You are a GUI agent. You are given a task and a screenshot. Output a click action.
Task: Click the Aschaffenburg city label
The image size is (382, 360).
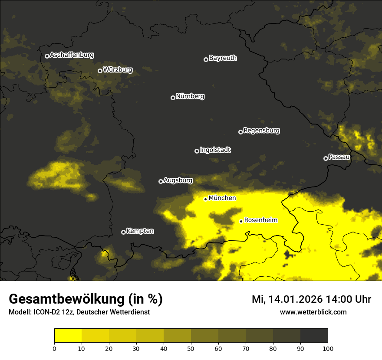point(72,55)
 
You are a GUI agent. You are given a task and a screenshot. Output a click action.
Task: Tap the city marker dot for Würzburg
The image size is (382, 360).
point(100,71)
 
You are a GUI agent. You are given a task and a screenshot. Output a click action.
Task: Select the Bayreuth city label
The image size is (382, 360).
point(223,58)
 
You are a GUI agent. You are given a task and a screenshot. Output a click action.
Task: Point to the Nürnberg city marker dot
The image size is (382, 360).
point(173,98)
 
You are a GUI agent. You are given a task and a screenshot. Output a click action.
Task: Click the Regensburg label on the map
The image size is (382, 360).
point(261,131)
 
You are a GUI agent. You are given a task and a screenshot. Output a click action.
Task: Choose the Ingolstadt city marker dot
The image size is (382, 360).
point(197,151)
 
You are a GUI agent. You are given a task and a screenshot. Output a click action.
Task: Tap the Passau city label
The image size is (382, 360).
point(339,157)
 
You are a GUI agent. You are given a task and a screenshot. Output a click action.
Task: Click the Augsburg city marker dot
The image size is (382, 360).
point(161,181)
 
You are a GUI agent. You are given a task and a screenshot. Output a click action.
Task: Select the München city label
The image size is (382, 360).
point(222,198)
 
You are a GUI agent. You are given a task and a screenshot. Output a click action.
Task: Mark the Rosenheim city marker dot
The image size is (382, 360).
point(241,221)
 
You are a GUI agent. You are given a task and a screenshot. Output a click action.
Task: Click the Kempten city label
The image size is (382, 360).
point(140,231)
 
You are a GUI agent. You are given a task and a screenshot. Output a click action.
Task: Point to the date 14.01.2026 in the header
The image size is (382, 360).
point(295,299)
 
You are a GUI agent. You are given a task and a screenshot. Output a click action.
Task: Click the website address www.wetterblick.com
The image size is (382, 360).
point(313,312)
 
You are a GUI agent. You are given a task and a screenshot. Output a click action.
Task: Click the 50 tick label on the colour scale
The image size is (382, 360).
point(191,348)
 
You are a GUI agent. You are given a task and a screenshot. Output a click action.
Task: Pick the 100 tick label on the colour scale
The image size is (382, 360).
point(328,348)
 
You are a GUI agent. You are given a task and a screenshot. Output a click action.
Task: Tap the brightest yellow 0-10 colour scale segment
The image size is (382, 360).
point(68,335)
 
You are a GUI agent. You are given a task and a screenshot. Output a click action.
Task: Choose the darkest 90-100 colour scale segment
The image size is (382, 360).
point(314,335)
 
